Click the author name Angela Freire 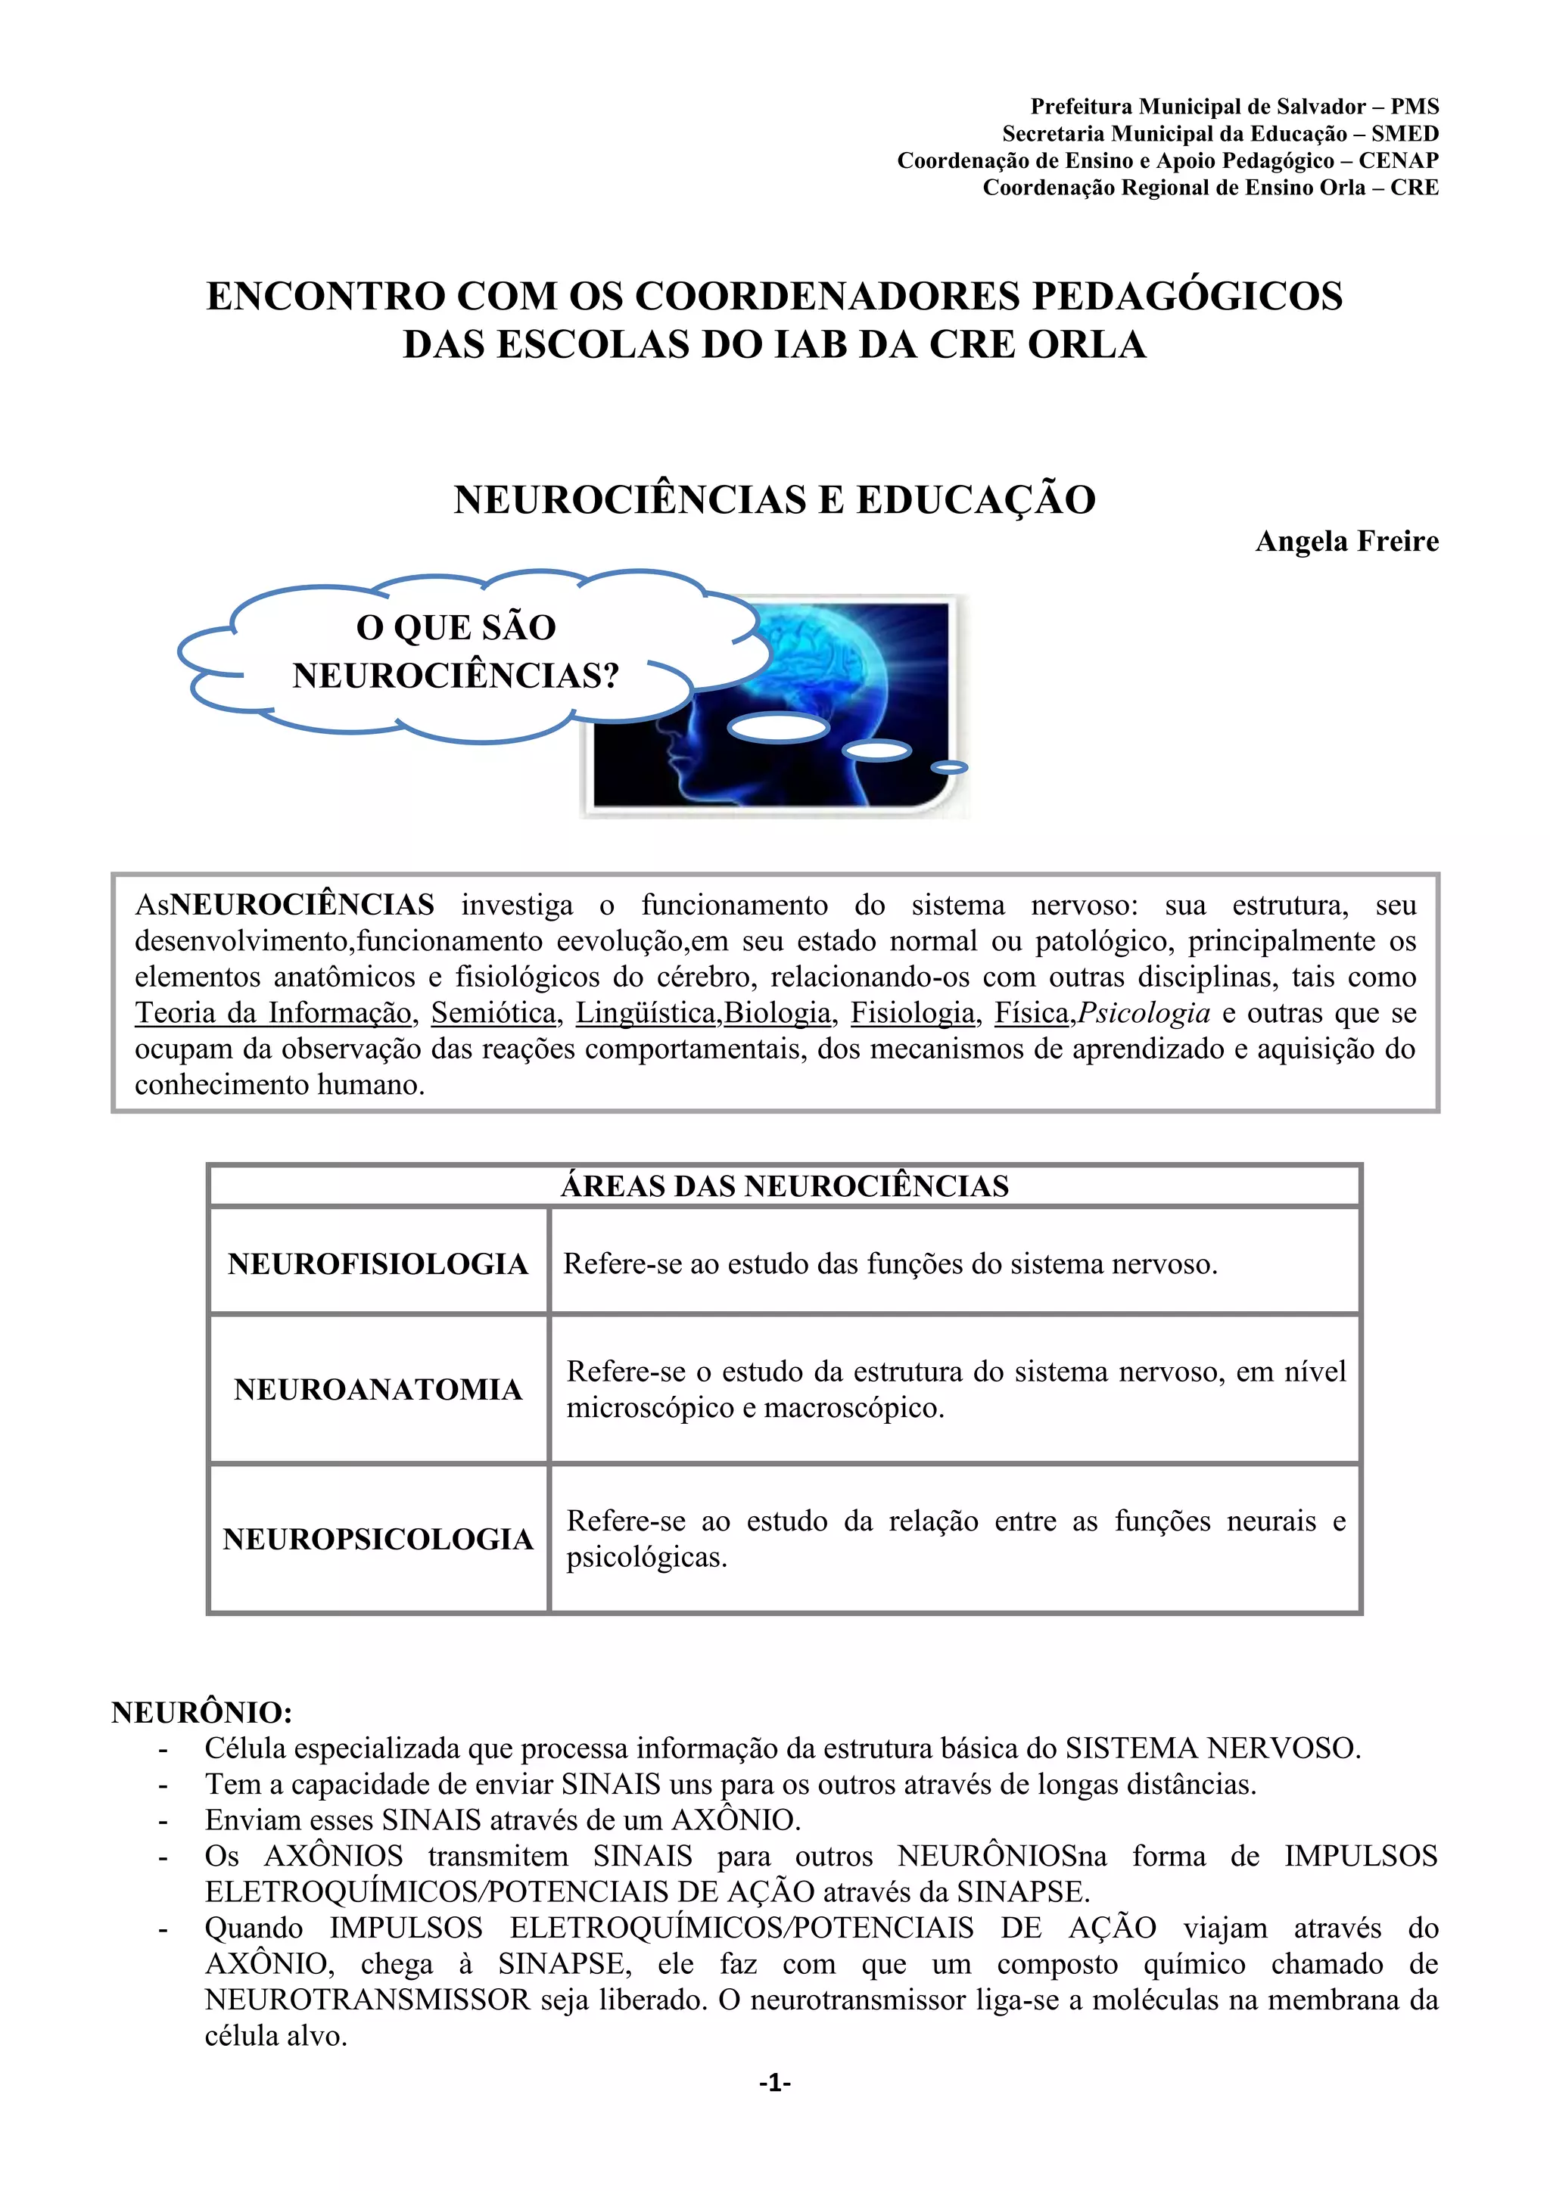[1346, 541]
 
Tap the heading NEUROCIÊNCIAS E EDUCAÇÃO [774, 499]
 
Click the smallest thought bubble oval [949, 767]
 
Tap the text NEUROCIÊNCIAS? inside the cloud [456, 676]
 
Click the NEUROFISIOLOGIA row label [378, 1263]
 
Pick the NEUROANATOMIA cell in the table [378, 1389]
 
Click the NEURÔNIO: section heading [201, 1712]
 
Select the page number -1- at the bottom [774, 2082]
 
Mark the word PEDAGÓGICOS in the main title [1187, 296]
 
